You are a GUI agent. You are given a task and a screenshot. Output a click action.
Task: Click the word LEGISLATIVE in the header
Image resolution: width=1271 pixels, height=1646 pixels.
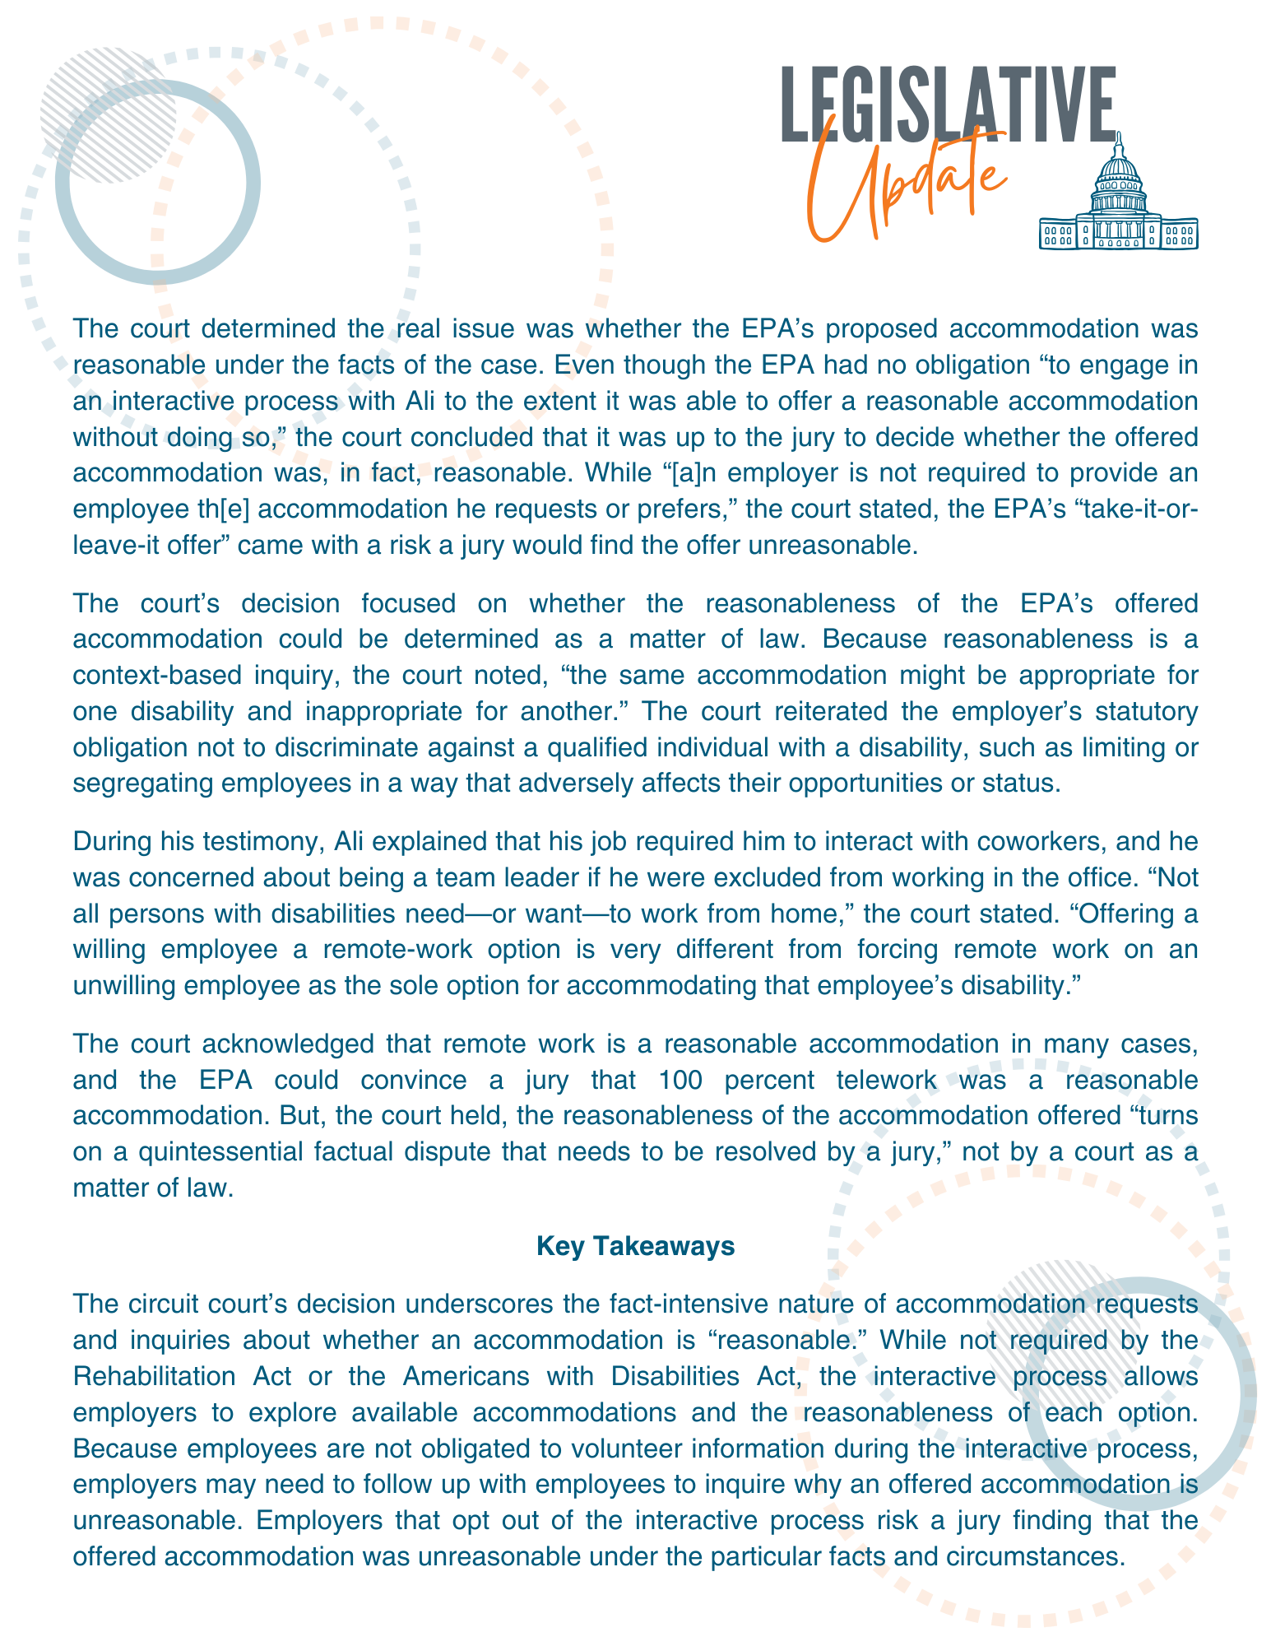pos(947,106)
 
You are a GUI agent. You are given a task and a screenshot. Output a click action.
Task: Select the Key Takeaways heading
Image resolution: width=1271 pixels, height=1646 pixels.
pos(635,1246)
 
